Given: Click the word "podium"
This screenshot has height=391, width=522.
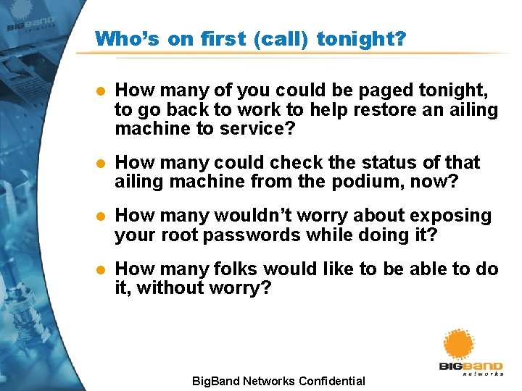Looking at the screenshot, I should click(x=381, y=181).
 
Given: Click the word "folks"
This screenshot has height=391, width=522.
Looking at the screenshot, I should click(x=236, y=269).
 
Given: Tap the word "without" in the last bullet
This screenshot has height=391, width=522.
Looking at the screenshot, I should click(x=170, y=288).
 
